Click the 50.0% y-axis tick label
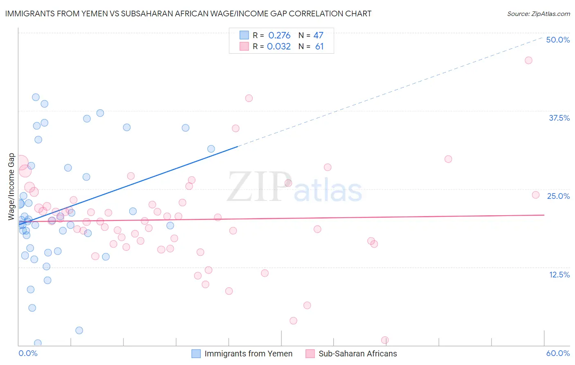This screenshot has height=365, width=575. pos(558,40)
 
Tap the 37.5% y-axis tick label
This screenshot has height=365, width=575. pos(559,118)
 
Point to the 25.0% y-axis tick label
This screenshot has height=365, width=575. pos(558,196)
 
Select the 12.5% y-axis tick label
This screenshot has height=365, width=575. pos(559,275)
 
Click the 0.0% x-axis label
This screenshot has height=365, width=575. pos(28,353)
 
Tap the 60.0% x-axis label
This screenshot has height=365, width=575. pos(558,353)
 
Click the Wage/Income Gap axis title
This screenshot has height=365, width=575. pos(11,187)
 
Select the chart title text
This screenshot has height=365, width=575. pos(188,14)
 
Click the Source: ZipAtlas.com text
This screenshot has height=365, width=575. pos(538,14)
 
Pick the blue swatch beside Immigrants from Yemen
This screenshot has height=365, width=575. pos(196,354)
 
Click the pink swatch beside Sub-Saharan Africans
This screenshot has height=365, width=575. pos(310,354)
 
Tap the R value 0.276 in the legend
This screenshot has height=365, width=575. pos(279,36)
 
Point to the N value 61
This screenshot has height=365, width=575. pos(319,47)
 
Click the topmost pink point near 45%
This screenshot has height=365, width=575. pos(528,61)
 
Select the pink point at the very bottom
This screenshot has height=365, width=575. pos(385,340)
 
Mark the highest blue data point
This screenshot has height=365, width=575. pos(36,97)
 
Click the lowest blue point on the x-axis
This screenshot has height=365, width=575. pos(38,343)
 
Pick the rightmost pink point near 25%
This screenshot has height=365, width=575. pos(536,195)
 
